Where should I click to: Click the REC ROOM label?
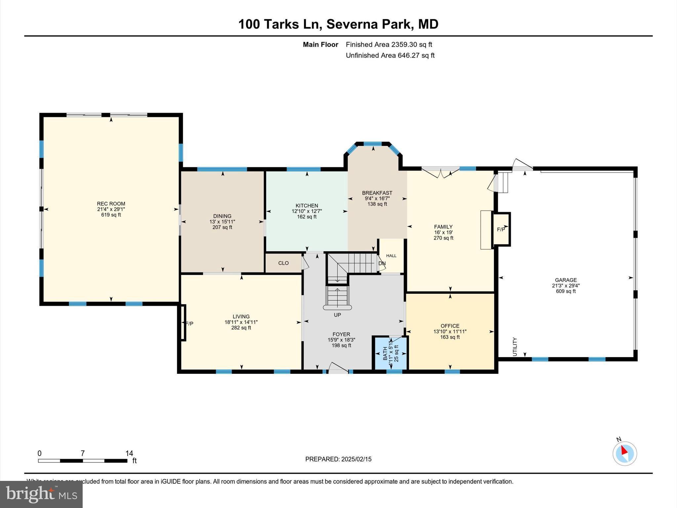(111, 204)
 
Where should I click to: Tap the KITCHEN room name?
(307, 206)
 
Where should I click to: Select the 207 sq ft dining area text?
(222, 227)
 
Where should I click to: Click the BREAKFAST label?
(377, 193)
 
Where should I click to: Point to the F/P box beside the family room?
(501, 229)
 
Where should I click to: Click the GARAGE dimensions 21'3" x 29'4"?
(566, 286)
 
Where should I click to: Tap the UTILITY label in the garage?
(514, 347)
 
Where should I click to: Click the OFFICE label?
(450, 326)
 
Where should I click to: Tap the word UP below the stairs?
(337, 315)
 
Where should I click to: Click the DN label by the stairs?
(382, 264)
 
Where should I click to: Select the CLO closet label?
(283, 263)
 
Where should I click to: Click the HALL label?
(391, 256)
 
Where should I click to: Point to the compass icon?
(624, 453)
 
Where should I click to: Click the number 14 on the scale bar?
(129, 453)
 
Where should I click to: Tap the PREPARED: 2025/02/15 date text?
(338, 459)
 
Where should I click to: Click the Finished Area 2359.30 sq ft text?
(389, 44)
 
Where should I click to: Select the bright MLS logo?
(41, 494)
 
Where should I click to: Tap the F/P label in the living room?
(189, 324)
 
